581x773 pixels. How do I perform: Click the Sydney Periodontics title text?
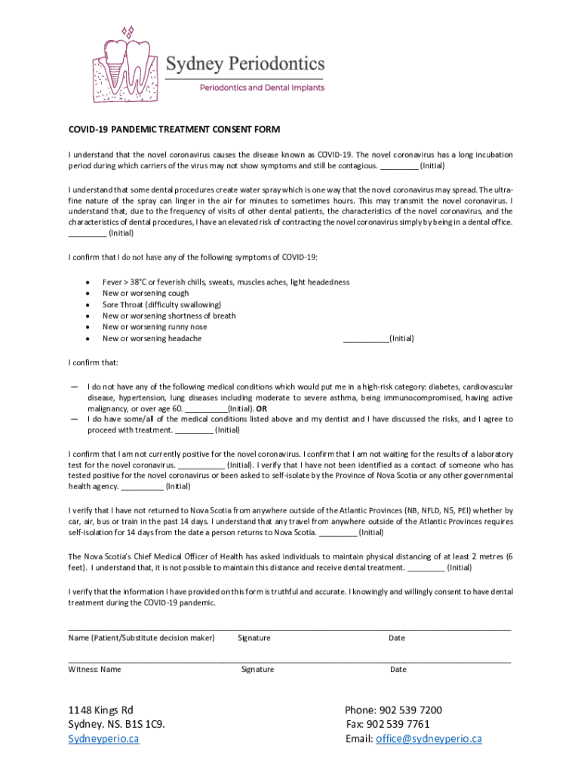pos(245,63)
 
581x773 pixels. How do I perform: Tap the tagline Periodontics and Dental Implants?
pos(261,88)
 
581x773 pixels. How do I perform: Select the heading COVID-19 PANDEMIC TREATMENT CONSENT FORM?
pos(174,130)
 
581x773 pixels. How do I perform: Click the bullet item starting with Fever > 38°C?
pos(226,282)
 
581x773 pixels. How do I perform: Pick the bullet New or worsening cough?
pos(146,293)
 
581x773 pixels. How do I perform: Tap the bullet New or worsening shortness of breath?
pos(169,316)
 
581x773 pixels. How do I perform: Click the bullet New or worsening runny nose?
pos(155,327)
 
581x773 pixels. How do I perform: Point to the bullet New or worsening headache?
pos(152,338)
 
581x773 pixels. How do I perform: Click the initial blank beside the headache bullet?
pos(366,339)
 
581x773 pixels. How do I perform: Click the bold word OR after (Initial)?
pos(260,408)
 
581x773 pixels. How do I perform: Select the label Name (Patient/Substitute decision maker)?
pos(141,638)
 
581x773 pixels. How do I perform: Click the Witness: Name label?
pos(94,669)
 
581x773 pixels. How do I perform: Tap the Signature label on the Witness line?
pos(257,669)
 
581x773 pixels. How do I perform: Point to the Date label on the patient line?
pos(397,638)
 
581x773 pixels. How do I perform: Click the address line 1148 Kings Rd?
pos(100,710)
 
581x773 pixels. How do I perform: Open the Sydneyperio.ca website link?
pos(103,738)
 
